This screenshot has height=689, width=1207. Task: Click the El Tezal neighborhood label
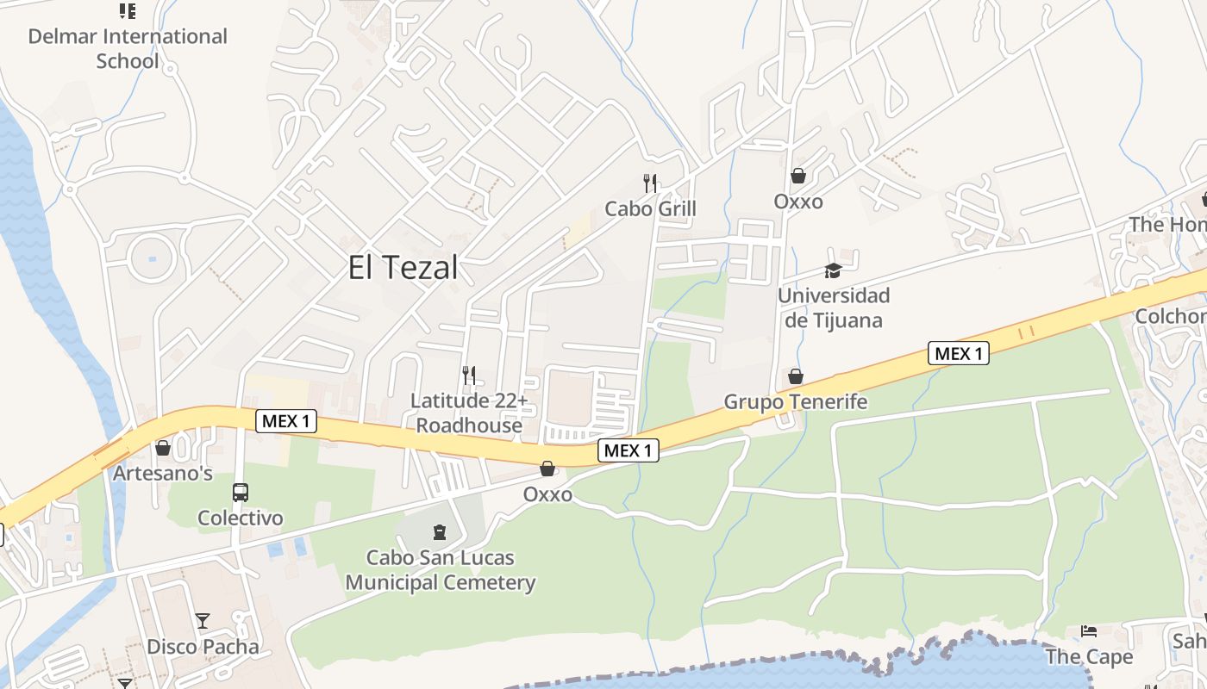click(403, 268)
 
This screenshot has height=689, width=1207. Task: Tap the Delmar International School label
click(128, 48)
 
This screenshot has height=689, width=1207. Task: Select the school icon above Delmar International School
click(128, 11)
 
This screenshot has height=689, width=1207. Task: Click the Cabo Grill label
click(650, 208)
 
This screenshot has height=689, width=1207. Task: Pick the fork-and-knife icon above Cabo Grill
click(650, 183)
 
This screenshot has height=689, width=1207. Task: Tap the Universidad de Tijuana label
click(833, 307)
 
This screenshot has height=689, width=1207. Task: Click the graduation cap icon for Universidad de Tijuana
click(833, 270)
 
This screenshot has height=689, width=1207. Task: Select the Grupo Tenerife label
click(795, 401)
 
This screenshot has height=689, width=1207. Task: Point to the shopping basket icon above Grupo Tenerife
click(795, 376)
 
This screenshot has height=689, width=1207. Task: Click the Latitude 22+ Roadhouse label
click(469, 413)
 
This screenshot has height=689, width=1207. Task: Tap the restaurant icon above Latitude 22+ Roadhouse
click(469, 375)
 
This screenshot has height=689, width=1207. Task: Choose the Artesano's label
click(163, 473)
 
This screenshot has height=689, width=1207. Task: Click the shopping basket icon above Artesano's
click(163, 448)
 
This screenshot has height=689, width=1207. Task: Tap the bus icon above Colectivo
click(241, 493)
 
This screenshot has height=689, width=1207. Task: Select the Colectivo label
click(241, 518)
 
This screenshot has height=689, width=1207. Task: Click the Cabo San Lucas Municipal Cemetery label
click(441, 570)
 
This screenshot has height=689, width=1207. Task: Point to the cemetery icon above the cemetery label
click(441, 532)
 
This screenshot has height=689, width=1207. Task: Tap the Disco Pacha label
click(203, 646)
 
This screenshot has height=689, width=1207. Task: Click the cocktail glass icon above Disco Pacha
click(203, 620)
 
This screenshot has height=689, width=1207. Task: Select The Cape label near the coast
click(1089, 656)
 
